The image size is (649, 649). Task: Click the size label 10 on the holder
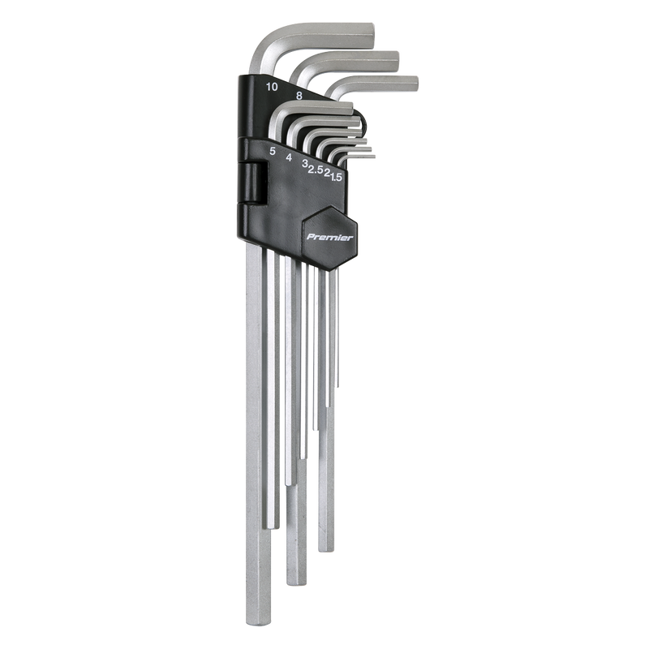272,87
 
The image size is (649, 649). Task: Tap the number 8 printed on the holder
299,96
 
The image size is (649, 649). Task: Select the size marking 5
272,152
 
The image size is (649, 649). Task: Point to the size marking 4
289,157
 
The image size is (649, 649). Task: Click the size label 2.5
315,170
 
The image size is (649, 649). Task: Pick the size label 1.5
336,177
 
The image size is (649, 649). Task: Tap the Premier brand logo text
330,237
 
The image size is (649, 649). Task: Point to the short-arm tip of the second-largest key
398,62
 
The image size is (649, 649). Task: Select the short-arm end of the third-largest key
417,83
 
